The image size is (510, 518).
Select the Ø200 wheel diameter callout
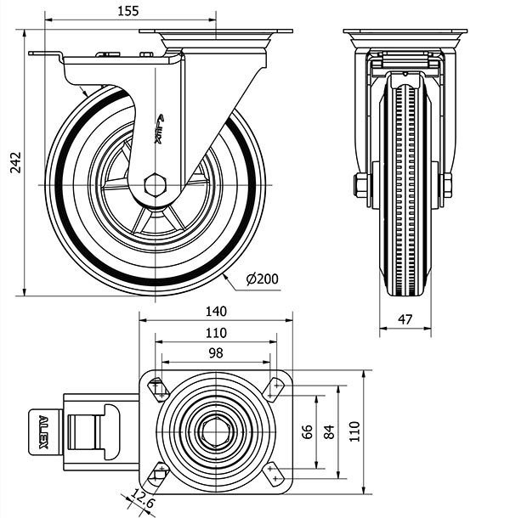pyautogui.click(x=262, y=278)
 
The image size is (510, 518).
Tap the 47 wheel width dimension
pyautogui.click(x=405, y=320)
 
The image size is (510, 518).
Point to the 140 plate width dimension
pyautogui.click(x=215, y=312)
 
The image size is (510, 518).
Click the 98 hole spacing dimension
pyautogui.click(x=215, y=352)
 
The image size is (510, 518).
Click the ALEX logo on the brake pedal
pyautogui.click(x=43, y=431)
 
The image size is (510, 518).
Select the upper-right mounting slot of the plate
pyautogui.click(x=274, y=389)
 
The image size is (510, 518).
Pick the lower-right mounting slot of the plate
pyautogui.click(x=274, y=471)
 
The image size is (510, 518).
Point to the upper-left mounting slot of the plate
pyautogui.click(x=158, y=389)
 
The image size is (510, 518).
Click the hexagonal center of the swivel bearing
pyautogui.click(x=215, y=431)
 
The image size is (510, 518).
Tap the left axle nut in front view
pyautogui.click(x=360, y=185)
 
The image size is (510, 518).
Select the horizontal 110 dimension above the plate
pyautogui.click(x=215, y=332)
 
